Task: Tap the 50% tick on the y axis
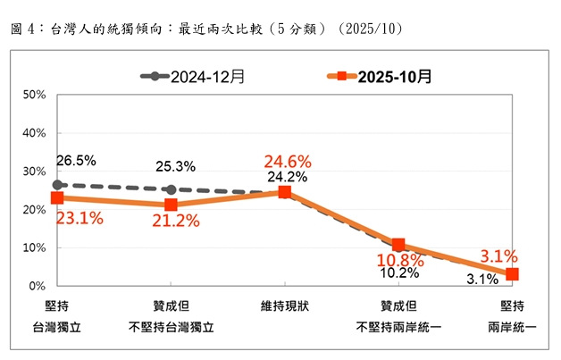click(x=33, y=95)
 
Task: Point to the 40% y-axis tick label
click(x=33, y=133)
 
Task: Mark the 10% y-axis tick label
click(x=33, y=248)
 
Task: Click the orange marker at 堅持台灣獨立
click(x=57, y=198)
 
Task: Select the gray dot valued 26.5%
click(x=57, y=185)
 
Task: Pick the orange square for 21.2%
click(x=171, y=205)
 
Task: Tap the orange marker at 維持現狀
click(x=284, y=192)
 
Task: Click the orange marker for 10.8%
click(x=398, y=245)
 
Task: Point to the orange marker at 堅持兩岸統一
click(x=512, y=274)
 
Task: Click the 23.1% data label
click(x=80, y=217)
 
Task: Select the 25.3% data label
click(x=175, y=167)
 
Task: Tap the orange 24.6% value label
click(x=287, y=162)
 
